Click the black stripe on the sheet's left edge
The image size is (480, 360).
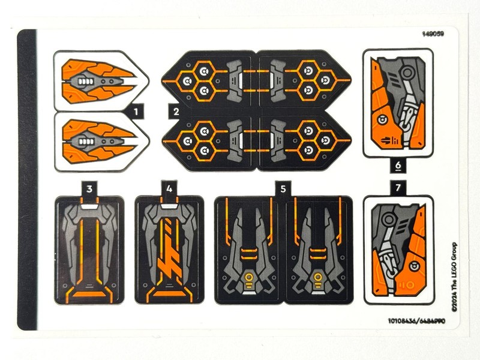coord(27,180)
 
